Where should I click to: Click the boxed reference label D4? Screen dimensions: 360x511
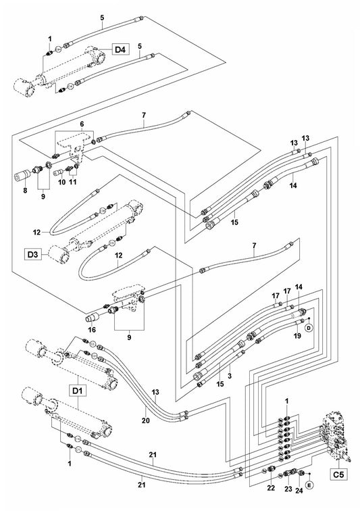(x=120, y=50)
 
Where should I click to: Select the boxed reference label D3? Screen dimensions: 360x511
(x=32, y=255)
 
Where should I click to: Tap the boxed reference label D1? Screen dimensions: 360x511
(x=78, y=391)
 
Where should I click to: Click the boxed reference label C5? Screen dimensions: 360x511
(x=338, y=474)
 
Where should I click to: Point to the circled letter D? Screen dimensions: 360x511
(x=309, y=328)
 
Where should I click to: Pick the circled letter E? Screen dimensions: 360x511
(x=309, y=485)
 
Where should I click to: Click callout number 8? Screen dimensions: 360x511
(x=26, y=190)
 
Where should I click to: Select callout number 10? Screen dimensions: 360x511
(x=62, y=182)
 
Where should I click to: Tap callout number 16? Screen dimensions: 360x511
(x=93, y=329)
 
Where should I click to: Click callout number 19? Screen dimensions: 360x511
(x=297, y=335)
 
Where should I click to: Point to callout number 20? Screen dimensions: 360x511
(x=146, y=420)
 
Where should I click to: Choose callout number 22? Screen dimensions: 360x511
(x=271, y=488)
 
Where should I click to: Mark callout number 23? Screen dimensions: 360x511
(x=288, y=489)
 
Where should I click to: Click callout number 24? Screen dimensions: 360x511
(x=299, y=491)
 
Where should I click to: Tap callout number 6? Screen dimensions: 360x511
(x=82, y=124)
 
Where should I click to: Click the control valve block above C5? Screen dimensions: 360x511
(x=336, y=436)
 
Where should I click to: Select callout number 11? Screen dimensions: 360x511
(x=73, y=182)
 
